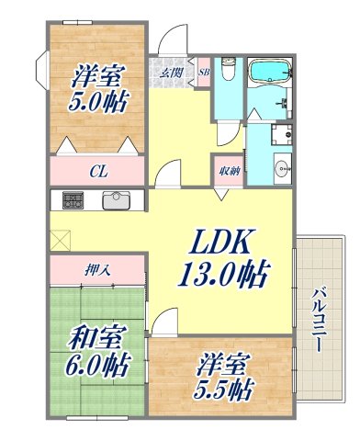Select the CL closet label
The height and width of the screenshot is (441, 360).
point(96,170)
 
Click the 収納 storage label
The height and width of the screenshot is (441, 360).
point(230,170)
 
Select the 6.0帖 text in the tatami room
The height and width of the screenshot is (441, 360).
point(96,365)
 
